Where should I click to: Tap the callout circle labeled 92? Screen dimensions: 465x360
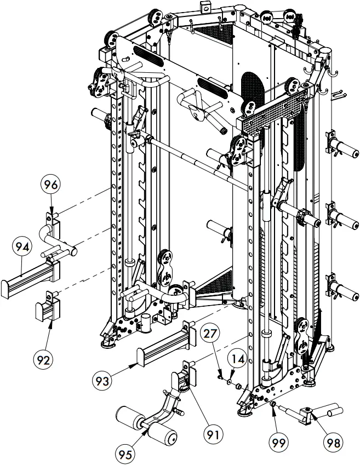[x=42, y=359]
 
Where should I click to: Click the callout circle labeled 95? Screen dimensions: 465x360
[x=126, y=453]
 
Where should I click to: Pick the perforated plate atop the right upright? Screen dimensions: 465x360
[x=273, y=113]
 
